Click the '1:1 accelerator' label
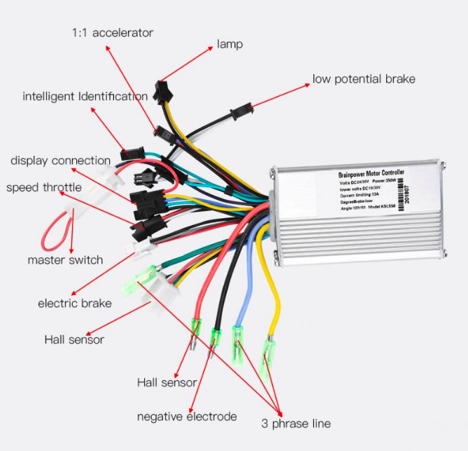(x=113, y=33)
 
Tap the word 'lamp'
(x=229, y=45)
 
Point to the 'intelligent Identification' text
(x=85, y=96)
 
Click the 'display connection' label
(x=60, y=161)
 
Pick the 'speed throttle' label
(x=44, y=187)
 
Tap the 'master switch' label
(x=65, y=260)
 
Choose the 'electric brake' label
(x=74, y=303)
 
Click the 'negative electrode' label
(x=187, y=417)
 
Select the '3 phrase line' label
(x=296, y=424)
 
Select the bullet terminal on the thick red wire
(x=195, y=334)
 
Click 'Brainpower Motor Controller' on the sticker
(x=370, y=173)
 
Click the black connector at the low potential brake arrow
(x=241, y=110)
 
